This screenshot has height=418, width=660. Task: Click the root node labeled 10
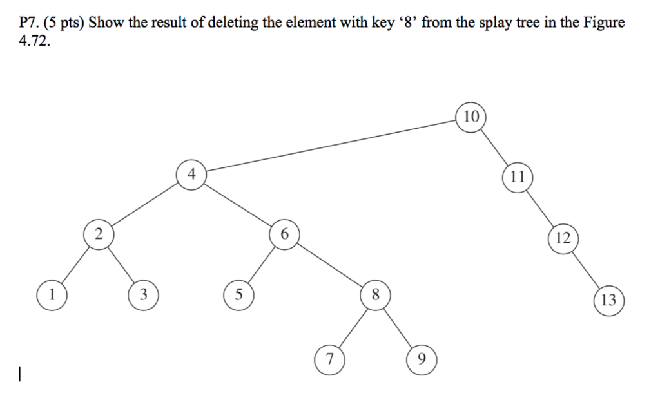471,117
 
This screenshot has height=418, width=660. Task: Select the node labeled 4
191,174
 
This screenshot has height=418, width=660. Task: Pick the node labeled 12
563,238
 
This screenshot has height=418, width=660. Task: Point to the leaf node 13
608,299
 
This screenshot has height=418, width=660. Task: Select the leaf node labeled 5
238,295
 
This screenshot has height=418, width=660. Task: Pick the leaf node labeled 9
421,358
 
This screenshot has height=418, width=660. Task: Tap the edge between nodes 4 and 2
144,204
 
